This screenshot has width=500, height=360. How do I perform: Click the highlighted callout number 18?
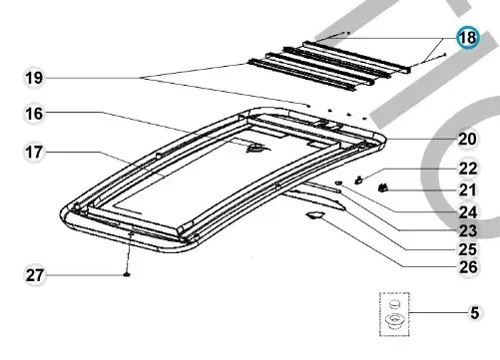click(x=468, y=37)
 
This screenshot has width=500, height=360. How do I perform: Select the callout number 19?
click(x=34, y=78)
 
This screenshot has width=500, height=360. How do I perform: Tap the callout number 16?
click(x=34, y=114)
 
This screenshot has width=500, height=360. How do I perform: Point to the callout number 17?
click(x=34, y=153)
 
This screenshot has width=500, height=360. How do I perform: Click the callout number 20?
click(x=467, y=140)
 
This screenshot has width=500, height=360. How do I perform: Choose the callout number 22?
click(x=468, y=169)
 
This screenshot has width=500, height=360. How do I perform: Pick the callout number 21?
click(x=468, y=190)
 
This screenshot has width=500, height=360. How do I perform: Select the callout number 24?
click(x=468, y=212)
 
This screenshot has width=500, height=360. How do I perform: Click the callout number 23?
click(x=468, y=231)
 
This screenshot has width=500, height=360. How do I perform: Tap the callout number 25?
click(x=468, y=249)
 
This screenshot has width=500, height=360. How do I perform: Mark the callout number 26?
click(x=468, y=267)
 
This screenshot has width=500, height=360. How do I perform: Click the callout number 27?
click(x=35, y=275)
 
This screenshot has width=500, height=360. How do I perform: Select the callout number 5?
click(x=475, y=313)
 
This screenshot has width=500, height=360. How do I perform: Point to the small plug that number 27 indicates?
click(x=127, y=274)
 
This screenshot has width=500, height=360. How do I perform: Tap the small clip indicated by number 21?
click(x=383, y=188)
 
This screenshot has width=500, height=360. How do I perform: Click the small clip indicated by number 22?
click(x=359, y=180)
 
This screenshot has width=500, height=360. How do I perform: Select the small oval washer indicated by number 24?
click(x=339, y=182)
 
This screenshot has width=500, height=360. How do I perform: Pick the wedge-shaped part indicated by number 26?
click(x=315, y=215)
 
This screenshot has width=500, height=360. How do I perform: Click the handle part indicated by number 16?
click(x=254, y=149)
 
